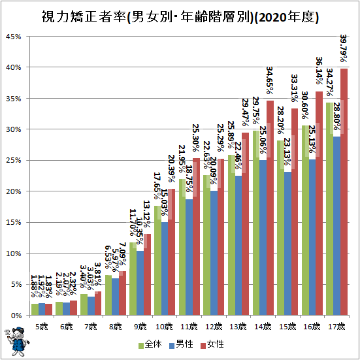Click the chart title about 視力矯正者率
click(x=180, y=17)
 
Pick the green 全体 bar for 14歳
click(x=255, y=222)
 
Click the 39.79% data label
click(x=344, y=49)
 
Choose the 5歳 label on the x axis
click(x=41, y=325)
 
